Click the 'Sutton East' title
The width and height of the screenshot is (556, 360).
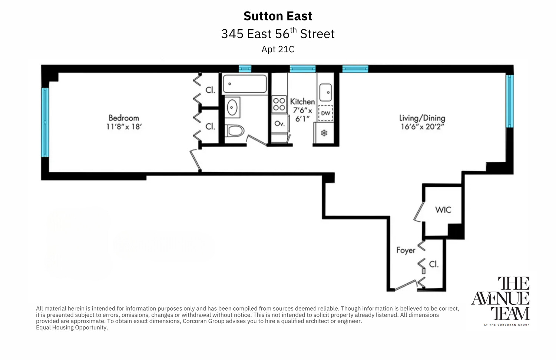pos(278,16)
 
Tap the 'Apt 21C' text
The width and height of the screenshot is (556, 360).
pos(278,49)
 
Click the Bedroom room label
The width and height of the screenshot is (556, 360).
pos(123,118)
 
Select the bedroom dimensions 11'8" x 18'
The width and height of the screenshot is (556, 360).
pos(124,127)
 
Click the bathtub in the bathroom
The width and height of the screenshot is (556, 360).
pos(245,84)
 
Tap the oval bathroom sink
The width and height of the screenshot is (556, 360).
pos(232,108)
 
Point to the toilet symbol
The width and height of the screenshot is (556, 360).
pos(235,131)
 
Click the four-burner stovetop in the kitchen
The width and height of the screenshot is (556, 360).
pos(279,104)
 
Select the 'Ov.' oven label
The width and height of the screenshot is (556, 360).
pos(279,123)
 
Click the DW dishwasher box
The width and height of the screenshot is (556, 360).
pos(325,113)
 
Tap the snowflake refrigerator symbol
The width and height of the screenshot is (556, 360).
pos(324,133)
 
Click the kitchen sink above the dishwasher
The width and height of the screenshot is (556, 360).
pos(325,92)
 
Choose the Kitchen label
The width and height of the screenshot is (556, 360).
pos(302,102)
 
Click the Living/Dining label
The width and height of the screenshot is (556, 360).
pos(422,118)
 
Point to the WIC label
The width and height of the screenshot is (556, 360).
pos(443,210)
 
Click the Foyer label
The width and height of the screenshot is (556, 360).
pos(406,250)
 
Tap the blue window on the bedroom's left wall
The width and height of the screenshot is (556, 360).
pos(45,122)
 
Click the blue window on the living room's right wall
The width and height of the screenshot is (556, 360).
pos(510,101)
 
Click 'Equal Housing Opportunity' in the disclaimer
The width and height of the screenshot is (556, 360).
pos(72,327)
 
